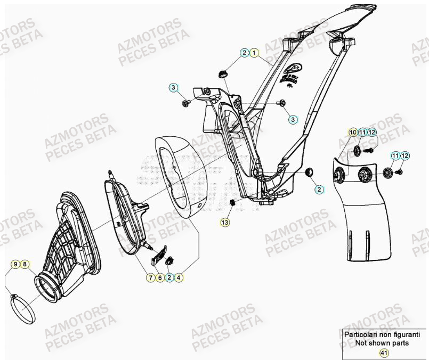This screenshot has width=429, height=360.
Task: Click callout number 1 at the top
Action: pyautogui.click(x=254, y=53)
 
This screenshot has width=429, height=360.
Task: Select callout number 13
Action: pyautogui.click(x=225, y=221)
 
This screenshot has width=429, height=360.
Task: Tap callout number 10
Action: pyautogui.click(x=353, y=132)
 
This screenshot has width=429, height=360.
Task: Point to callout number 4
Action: pyautogui.click(x=179, y=277)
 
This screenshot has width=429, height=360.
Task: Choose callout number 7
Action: pyautogui.click(x=151, y=277)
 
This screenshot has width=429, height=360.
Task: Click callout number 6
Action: pyautogui.click(x=160, y=277)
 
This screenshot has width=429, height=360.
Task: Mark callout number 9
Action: pyautogui.click(x=16, y=264)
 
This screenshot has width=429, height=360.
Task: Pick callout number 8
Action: pyautogui.click(x=26, y=264)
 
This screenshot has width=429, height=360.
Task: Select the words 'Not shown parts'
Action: pyautogui.click(x=382, y=343)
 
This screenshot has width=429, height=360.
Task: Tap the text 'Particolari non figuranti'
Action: pyautogui.click(x=382, y=334)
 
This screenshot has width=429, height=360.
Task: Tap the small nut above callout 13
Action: pyautogui.click(x=232, y=202)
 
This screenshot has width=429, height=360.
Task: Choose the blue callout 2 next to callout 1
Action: pyautogui.click(x=244, y=53)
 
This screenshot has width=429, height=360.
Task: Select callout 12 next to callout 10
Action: pyautogui.click(x=371, y=132)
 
